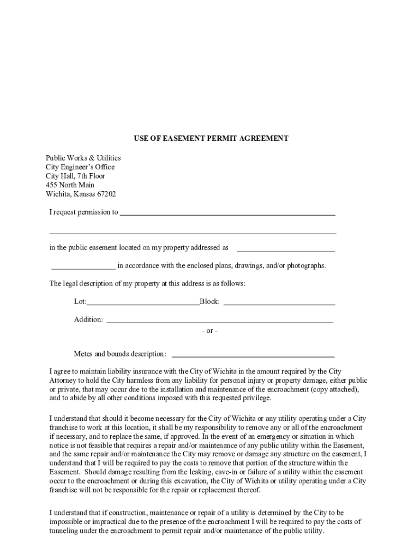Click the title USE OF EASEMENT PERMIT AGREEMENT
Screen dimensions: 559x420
[211, 139]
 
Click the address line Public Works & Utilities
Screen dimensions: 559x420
[83, 158]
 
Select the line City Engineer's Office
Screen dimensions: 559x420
[80, 167]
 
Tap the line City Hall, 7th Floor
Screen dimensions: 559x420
[75, 176]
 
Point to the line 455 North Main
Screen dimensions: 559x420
[70, 185]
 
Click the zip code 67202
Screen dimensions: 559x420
[105, 194]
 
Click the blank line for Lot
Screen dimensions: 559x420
[143, 302]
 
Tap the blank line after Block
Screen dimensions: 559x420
[279, 302]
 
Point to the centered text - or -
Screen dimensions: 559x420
[209, 331]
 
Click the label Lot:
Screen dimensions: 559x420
[80, 302]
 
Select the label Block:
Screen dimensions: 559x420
[210, 302]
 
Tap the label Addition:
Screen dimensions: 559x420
[88, 320]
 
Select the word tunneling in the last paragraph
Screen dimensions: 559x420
[65, 531]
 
